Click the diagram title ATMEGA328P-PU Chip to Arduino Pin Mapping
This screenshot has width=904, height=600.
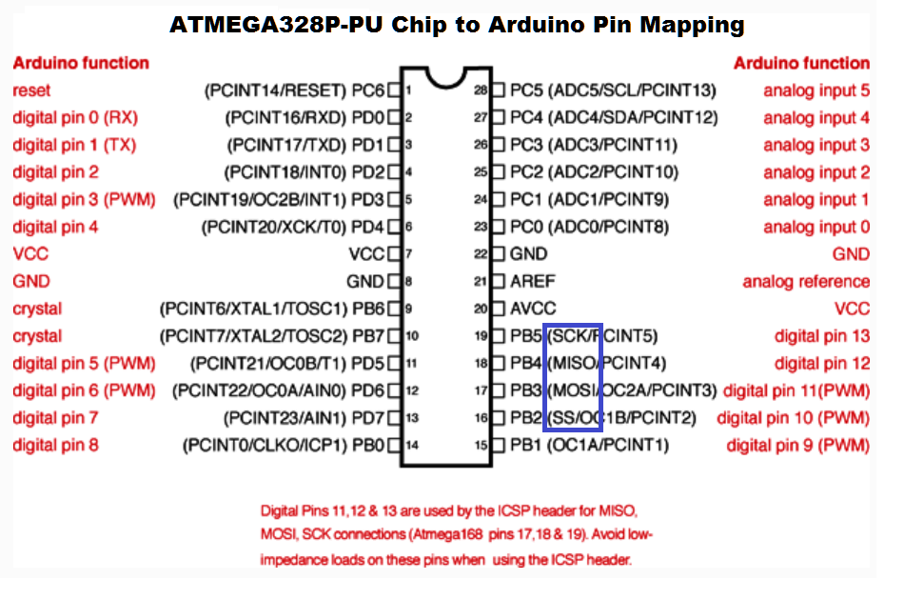click(457, 25)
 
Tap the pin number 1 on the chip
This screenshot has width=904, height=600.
click(407, 91)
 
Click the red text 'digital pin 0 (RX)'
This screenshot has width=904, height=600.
click(75, 118)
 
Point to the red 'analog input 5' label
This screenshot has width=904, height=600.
click(816, 90)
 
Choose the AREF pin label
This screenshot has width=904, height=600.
click(533, 281)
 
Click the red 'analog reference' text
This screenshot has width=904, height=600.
click(806, 282)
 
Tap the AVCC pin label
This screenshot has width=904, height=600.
click(533, 309)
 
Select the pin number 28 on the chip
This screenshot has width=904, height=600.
click(481, 91)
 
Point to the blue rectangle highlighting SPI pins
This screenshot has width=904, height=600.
click(574, 376)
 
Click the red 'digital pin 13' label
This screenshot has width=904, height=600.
click(822, 336)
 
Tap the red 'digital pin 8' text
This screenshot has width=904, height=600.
click(55, 445)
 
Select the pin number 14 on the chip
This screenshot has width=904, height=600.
click(412, 446)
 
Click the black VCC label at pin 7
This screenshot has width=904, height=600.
click(367, 254)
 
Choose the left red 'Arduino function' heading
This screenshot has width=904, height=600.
click(81, 63)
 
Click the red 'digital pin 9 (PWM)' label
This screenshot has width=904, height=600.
click(797, 445)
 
